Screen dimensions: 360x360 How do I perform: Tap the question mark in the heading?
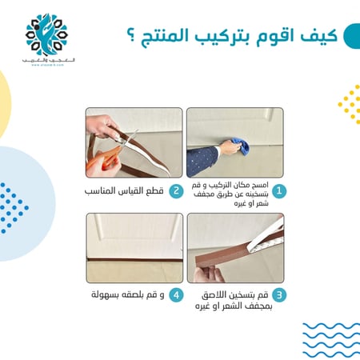[x=131, y=37]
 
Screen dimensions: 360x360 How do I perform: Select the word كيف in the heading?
[x=311, y=36]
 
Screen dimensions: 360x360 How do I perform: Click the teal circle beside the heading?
[x=350, y=37]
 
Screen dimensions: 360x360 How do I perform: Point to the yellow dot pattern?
[x=350, y=104]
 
